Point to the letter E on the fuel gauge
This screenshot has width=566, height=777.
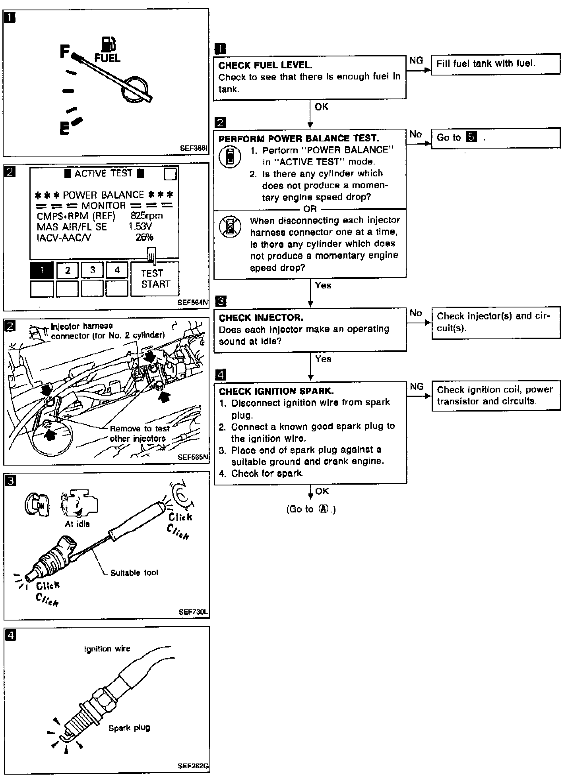pos(64,129)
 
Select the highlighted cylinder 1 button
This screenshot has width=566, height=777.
pos(42,271)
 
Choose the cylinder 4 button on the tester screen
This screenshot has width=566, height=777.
pos(117,271)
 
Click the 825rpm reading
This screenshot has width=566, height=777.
pos(147,216)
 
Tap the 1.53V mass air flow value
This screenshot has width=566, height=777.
pos(140,226)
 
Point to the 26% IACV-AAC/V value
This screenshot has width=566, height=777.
pos(144,237)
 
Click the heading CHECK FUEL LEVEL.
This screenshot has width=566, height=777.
pos(265,65)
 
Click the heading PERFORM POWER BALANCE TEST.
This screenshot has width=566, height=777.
pos(299,139)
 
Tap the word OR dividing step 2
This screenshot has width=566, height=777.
pos(310,209)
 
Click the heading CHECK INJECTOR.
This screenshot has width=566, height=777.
pos(261,318)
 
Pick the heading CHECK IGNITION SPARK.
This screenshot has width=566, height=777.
pos(276,391)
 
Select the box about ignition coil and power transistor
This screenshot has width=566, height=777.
pos(495,396)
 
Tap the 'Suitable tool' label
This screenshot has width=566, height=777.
pos(134,572)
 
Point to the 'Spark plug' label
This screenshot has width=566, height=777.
pos(129,728)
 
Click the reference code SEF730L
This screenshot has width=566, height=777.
pos(193,612)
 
